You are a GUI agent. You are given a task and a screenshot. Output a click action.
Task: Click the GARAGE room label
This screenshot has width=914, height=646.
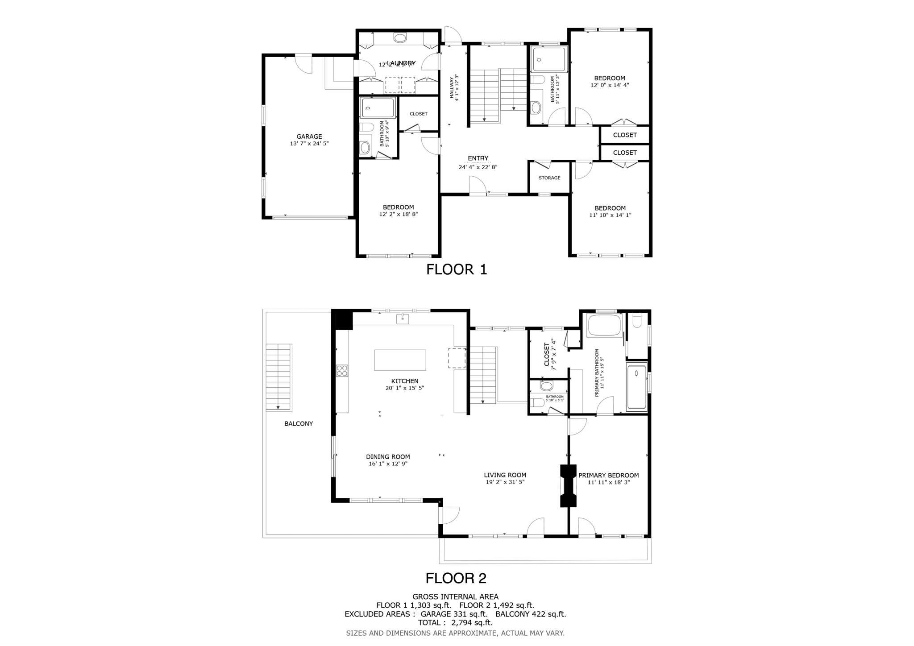(309, 137)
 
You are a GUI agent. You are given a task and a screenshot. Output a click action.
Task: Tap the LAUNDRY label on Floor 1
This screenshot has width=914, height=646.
(401, 63)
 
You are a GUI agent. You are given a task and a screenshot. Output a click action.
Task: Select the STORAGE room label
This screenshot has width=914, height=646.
(549, 178)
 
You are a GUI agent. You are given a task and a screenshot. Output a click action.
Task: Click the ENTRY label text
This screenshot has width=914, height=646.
(478, 158)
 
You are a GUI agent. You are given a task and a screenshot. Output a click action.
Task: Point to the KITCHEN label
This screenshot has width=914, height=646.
(404, 381)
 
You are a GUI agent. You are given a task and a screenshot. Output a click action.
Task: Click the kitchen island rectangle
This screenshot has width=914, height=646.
(400, 360)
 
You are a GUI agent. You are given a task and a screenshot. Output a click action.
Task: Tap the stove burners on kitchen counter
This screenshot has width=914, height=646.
(342, 370)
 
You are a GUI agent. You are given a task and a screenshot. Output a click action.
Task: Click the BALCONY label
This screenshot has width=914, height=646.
(299, 423)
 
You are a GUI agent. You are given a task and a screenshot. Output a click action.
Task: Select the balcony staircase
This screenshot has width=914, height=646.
(278, 377)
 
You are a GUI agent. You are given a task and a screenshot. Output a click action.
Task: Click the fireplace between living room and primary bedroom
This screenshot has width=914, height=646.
(568, 486)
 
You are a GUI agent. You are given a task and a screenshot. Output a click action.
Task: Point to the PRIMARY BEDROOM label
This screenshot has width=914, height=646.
(608, 476)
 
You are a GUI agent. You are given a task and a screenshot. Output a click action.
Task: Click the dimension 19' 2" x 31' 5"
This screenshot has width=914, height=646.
(505, 482)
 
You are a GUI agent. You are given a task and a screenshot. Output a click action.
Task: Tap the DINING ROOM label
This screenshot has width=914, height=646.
(388, 457)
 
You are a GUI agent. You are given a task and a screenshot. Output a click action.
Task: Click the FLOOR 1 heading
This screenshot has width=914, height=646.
(456, 269)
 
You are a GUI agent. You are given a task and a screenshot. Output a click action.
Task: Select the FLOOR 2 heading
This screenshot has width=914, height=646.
(456, 578)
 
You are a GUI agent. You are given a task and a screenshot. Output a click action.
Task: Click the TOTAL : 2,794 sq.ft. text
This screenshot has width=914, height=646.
(455, 622)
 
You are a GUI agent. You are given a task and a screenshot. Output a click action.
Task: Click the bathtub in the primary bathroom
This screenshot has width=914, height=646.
(605, 325)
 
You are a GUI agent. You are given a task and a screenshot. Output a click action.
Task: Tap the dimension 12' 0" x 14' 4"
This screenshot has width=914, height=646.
(610, 85)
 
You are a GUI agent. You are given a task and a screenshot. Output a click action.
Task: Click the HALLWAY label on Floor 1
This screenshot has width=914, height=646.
(452, 87)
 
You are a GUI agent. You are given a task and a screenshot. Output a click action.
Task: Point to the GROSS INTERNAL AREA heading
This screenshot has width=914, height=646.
(455, 596)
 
